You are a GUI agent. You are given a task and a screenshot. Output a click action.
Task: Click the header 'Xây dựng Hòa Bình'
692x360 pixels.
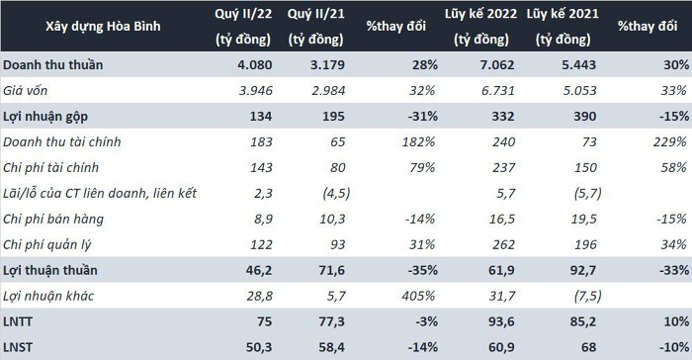pos(103,26)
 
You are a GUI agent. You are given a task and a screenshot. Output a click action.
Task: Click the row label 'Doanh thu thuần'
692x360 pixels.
pos(53,65)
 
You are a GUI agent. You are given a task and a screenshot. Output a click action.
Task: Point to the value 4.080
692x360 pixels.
pos(255,65)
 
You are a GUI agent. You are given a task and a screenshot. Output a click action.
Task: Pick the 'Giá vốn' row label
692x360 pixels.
pos(25,91)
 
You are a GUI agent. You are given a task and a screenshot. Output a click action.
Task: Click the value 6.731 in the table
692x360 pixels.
pos(497,91)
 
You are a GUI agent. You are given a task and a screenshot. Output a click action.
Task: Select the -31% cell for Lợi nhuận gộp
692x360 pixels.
pos(423,116)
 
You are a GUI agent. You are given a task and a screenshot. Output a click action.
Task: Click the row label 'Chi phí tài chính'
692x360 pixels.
pos(50,167)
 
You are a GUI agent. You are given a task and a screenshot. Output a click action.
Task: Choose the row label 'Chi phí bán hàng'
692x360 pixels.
pos(53,219)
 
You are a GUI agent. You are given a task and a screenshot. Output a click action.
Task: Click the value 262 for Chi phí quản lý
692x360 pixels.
pos(503,244)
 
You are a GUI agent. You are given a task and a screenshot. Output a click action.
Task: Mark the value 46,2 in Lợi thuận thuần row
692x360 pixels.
pos(259,270)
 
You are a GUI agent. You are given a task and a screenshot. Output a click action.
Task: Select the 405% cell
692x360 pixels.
pos(418,296)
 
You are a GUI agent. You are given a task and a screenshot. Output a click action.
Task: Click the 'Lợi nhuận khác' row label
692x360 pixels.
pos(48,296)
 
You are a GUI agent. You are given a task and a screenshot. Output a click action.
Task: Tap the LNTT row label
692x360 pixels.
pos(18,321)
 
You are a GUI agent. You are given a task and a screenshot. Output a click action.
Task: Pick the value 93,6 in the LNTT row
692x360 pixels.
pos(501,321)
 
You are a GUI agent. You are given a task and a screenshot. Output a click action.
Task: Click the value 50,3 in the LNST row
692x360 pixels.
pos(259,347)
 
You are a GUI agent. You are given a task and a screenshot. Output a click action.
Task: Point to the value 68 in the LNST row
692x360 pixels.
pos(589,347)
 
